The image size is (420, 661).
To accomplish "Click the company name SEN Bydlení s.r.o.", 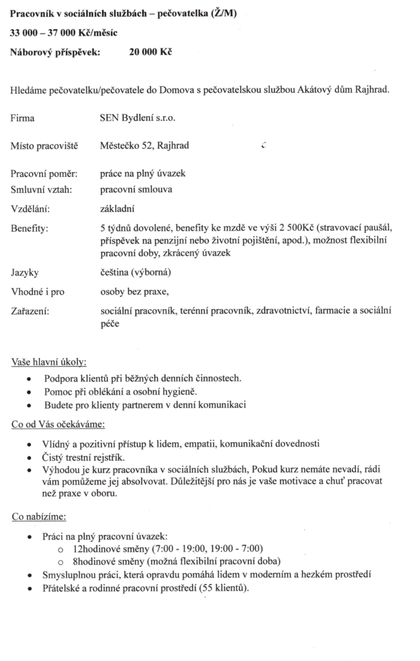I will coord(138,118).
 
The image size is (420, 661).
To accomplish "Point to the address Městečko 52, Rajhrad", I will coord(145,145).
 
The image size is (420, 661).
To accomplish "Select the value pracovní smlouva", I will coord(136,190).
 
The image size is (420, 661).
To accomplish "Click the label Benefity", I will coord(30,228).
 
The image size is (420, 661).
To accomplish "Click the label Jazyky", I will coord(25,272).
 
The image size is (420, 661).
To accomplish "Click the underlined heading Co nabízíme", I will coord(38,516).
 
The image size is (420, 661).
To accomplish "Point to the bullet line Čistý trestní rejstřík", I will coord(84,458).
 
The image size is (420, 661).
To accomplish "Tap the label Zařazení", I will coord(30,311).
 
